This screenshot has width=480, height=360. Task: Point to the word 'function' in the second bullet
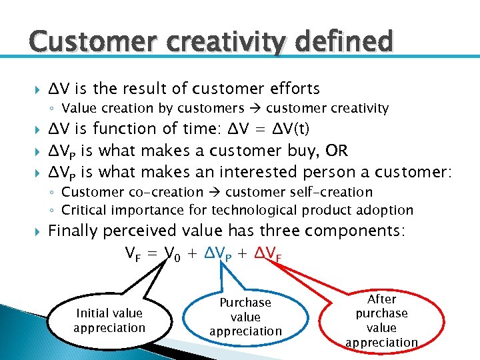click(123, 128)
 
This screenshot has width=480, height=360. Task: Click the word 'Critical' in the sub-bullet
click(84, 210)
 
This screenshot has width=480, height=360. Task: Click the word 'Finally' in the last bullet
click(73, 231)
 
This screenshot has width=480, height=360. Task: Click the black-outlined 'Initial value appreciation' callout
click(109, 320)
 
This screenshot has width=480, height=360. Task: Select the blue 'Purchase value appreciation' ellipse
click(245, 317)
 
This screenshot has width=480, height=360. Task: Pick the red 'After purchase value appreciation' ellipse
click(381, 321)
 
